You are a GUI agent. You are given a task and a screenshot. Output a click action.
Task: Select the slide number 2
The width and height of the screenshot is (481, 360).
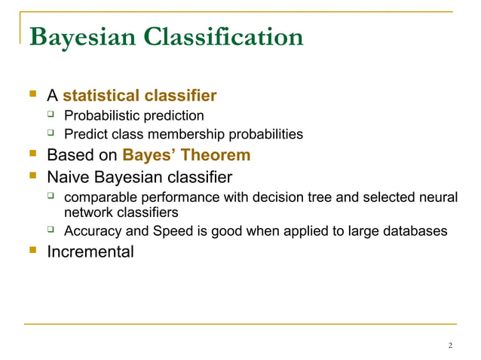[x=450, y=346]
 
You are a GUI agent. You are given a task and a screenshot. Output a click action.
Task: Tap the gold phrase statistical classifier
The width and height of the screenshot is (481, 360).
[x=139, y=96]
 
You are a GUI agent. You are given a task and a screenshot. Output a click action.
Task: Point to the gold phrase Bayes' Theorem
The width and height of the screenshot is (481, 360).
[x=185, y=156]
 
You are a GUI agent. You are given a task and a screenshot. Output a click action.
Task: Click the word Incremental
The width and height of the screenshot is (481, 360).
[x=90, y=252]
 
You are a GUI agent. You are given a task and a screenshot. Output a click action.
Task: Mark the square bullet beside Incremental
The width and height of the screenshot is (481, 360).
[x=32, y=251]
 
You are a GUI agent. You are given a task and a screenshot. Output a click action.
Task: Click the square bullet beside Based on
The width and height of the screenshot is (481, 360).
[x=32, y=156]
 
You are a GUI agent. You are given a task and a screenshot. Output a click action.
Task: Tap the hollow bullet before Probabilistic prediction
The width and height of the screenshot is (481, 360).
[x=52, y=115]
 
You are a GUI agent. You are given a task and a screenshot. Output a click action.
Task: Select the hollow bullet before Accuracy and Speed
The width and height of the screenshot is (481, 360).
[x=52, y=230]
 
